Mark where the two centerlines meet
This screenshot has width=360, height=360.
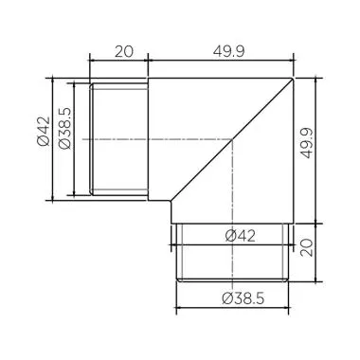(233, 139)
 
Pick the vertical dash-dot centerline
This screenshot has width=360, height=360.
(233, 189)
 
